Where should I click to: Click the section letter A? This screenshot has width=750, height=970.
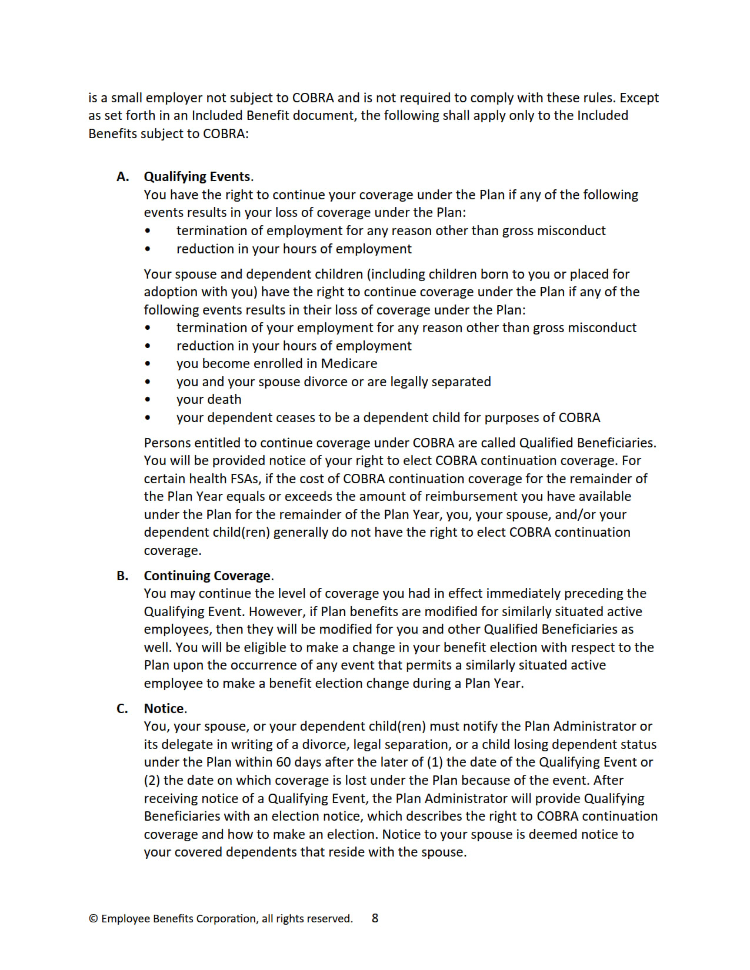(x=122, y=177)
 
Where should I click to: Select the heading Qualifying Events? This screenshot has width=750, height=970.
(x=197, y=177)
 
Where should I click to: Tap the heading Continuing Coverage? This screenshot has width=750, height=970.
(x=207, y=576)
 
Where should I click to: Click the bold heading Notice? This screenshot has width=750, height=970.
(x=164, y=708)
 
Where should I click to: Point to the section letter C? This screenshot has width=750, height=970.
(x=122, y=708)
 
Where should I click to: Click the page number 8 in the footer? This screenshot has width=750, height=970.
(x=375, y=918)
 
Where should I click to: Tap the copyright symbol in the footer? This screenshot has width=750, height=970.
(x=94, y=919)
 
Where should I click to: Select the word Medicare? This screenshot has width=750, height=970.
(x=349, y=364)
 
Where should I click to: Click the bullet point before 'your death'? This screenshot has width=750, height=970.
(x=148, y=400)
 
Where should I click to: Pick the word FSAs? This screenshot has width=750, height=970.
(x=244, y=479)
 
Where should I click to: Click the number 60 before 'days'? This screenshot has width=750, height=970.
(x=284, y=762)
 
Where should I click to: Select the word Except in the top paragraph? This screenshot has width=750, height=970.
(x=639, y=98)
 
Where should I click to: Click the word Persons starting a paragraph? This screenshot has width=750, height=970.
(x=167, y=443)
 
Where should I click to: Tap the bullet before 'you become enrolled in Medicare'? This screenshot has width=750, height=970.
(x=148, y=364)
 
